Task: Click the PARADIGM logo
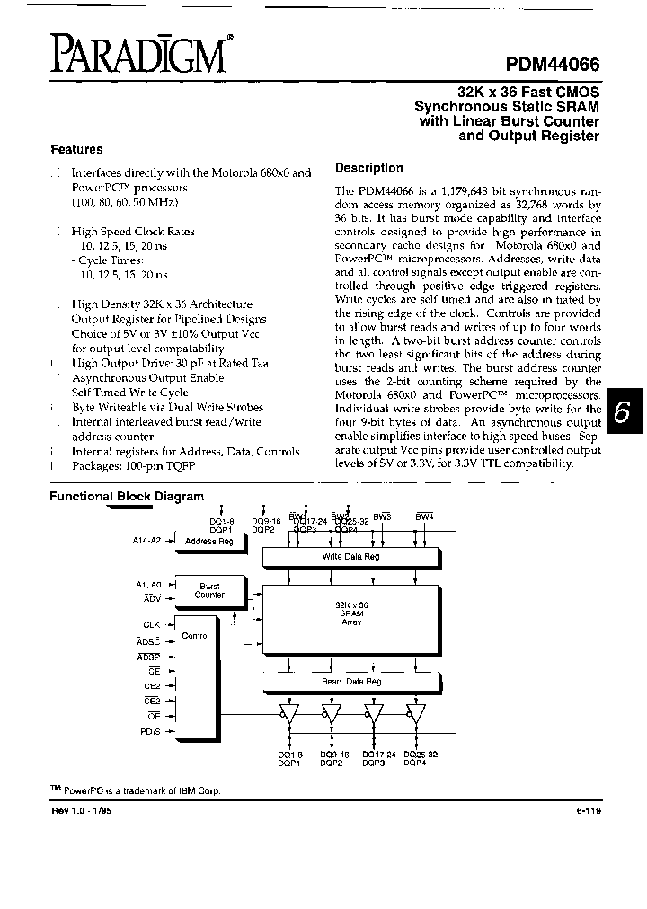[x=137, y=55]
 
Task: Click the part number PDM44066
[x=547, y=65]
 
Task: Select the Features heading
[x=76, y=150]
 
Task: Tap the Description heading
[x=368, y=168]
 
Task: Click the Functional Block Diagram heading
[x=126, y=496]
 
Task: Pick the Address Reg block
[x=208, y=542]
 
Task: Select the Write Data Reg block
[x=350, y=558]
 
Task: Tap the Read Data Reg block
[x=351, y=681]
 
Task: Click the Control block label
[x=195, y=636]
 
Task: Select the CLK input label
[x=150, y=623]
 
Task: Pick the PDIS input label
[x=150, y=731]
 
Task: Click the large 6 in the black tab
[x=621, y=412]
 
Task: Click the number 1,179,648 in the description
[x=451, y=190]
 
